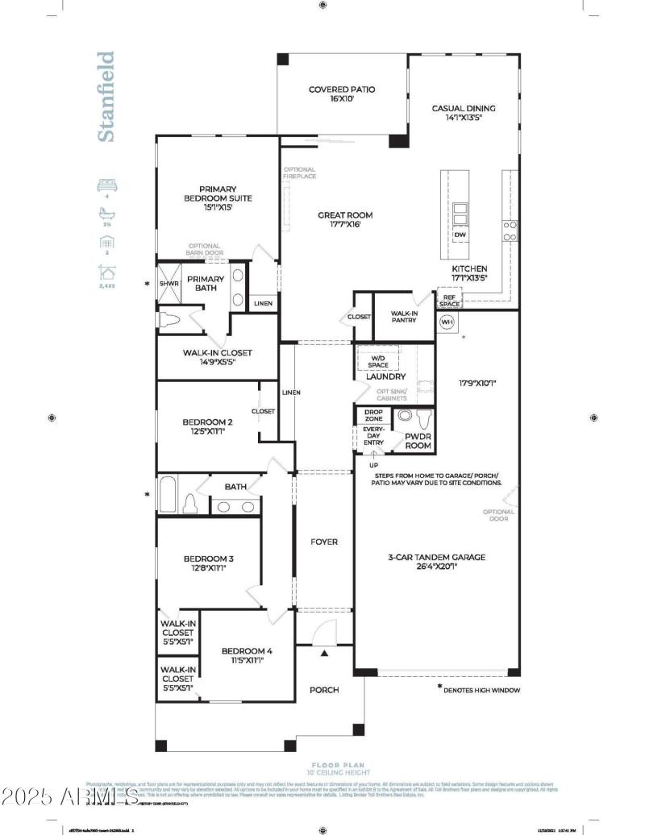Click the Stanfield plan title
point(106,97)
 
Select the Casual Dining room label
point(464,114)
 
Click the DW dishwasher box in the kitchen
point(460,235)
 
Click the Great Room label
point(344,219)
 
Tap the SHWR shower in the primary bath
point(169,284)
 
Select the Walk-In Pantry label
point(404,317)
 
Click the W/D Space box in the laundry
point(378,361)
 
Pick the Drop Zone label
point(373,415)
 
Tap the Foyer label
point(324,542)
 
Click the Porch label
point(324,690)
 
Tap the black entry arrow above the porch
point(324,653)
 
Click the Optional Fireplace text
point(299,172)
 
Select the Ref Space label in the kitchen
point(449,301)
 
